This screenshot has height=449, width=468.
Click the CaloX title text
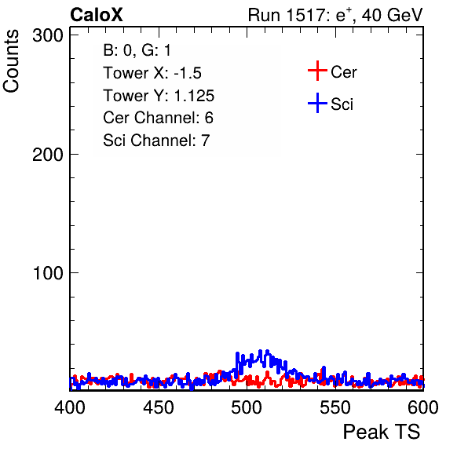[x=97, y=15]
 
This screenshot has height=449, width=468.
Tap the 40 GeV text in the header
[x=392, y=15]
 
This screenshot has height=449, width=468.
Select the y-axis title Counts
[x=11, y=61]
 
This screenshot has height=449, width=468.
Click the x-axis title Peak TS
[x=382, y=432]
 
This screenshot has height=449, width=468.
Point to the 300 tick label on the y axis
[x=48, y=36]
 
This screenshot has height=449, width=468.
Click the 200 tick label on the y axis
[x=48, y=155]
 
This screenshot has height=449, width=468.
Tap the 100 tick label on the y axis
[x=48, y=273]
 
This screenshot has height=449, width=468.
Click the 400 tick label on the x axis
[x=70, y=407]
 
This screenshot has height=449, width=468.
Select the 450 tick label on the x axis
[x=158, y=407]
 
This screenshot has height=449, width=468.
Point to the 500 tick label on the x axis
[x=247, y=407]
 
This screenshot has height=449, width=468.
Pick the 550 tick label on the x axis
[x=335, y=407]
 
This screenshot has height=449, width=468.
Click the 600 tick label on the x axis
[x=423, y=407]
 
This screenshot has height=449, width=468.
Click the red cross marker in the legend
[x=317, y=71]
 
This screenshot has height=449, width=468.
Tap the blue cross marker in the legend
[x=317, y=103]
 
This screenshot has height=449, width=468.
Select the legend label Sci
[x=342, y=104]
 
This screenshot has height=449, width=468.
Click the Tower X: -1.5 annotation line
[x=152, y=73]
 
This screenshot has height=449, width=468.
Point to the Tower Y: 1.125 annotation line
[x=159, y=96]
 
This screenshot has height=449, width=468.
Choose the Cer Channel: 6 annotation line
[x=158, y=118]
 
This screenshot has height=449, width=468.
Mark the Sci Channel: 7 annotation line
[x=156, y=141]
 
